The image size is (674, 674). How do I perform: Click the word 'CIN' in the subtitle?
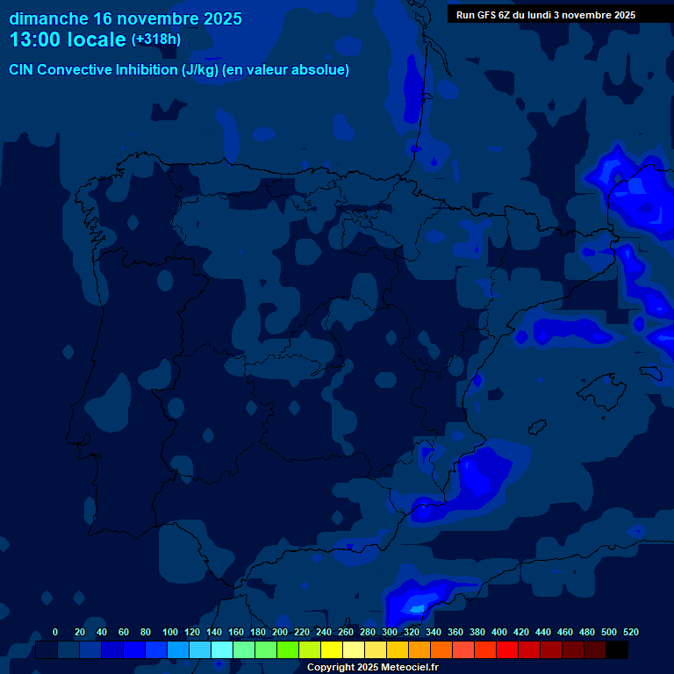22,70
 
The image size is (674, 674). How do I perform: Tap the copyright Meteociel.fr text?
372,668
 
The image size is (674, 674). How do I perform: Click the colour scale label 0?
55,632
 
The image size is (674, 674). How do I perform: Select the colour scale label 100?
170,632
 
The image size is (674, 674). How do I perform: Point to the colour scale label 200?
280,632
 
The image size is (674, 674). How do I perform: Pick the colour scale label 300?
390,632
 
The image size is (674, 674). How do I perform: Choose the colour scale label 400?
499,632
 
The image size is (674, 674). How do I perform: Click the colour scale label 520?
630,632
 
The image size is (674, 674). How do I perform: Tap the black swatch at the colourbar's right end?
617,650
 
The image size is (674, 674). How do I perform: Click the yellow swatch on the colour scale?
332,650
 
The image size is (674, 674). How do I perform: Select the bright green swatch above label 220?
288,650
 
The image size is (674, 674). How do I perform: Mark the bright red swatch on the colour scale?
507,650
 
